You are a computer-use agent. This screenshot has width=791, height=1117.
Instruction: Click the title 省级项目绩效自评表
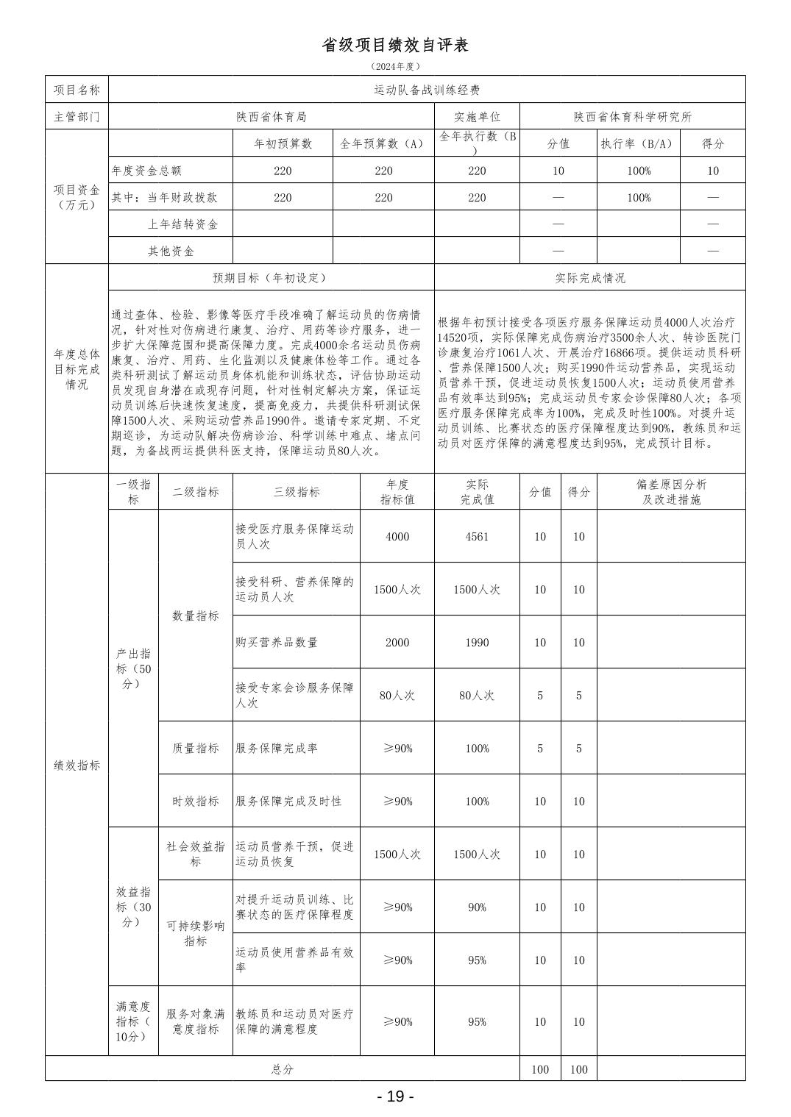coord(395,45)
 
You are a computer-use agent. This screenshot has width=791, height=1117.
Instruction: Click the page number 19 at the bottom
coord(395,1096)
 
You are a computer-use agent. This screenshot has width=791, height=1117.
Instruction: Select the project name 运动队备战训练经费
coord(427,90)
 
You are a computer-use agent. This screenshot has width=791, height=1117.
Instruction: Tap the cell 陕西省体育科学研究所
coord(632,116)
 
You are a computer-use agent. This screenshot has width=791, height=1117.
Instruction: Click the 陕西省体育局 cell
coord(271,116)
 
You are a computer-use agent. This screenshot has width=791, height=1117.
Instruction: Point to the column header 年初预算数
coord(283,143)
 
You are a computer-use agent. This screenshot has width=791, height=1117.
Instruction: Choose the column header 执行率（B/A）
coord(638,143)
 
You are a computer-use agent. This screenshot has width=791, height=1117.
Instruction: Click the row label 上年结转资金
coord(182,224)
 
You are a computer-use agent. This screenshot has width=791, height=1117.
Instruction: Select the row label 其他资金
coord(171,251)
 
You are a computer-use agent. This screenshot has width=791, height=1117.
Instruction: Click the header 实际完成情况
coord(589,277)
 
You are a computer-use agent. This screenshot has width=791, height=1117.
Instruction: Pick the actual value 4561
coord(477,536)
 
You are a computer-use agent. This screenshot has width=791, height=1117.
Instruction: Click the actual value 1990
coord(477,642)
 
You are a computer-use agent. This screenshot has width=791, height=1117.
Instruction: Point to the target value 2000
coord(397,642)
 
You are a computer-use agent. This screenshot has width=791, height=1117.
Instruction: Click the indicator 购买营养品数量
coord(277,642)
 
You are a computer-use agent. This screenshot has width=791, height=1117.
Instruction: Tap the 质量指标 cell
coord(195,748)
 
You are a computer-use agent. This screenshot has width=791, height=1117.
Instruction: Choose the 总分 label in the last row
coord(283,1069)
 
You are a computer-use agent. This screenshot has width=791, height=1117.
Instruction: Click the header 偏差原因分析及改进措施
coord(670,492)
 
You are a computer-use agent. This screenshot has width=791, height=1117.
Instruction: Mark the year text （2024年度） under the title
coord(395,66)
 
